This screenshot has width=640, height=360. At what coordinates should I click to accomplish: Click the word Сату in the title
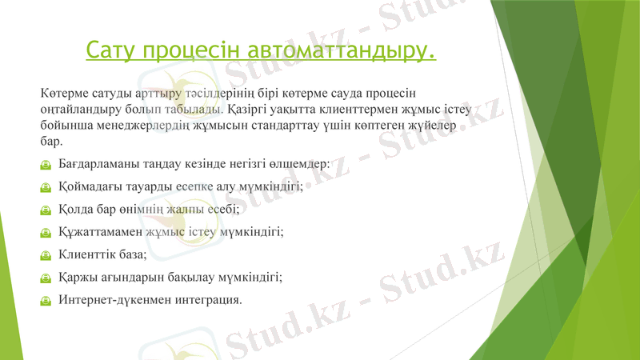(111, 50)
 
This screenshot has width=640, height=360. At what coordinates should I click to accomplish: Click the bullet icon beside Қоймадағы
(47, 187)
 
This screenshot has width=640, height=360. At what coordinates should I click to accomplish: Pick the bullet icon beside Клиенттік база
(47, 255)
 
